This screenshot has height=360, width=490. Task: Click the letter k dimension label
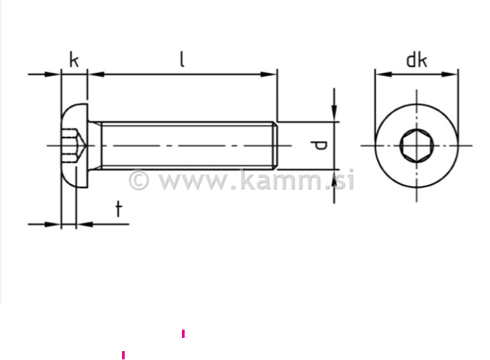click(74, 60)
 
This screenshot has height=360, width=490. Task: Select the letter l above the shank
click(182, 59)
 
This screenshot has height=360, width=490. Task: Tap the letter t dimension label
click(119, 208)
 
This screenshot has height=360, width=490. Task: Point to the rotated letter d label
click(318, 145)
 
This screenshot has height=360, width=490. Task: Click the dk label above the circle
click(416, 60)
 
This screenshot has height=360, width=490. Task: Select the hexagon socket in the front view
click(416, 145)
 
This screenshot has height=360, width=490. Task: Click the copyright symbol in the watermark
click(139, 181)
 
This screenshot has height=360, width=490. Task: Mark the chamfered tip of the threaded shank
click(275, 145)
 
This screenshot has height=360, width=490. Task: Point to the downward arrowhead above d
click(334, 114)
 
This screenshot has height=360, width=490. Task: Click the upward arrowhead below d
click(334, 176)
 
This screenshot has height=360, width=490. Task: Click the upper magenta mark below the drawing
click(183, 334)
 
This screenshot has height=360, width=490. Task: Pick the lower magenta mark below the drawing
click(123, 355)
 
